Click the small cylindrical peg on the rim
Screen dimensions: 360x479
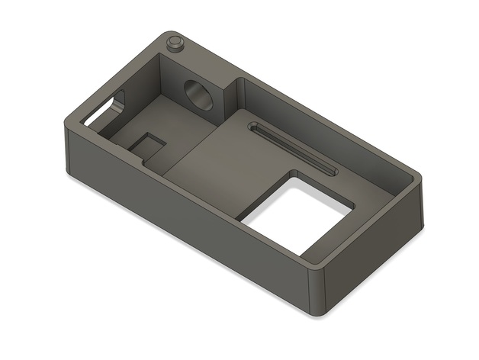pos(175,43)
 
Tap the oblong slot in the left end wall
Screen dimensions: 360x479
pos(104,111)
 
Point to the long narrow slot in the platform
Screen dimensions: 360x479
pos(294,149)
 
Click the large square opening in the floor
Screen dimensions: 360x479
pos(298,217)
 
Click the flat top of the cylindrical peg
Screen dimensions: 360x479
pos(175,38)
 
